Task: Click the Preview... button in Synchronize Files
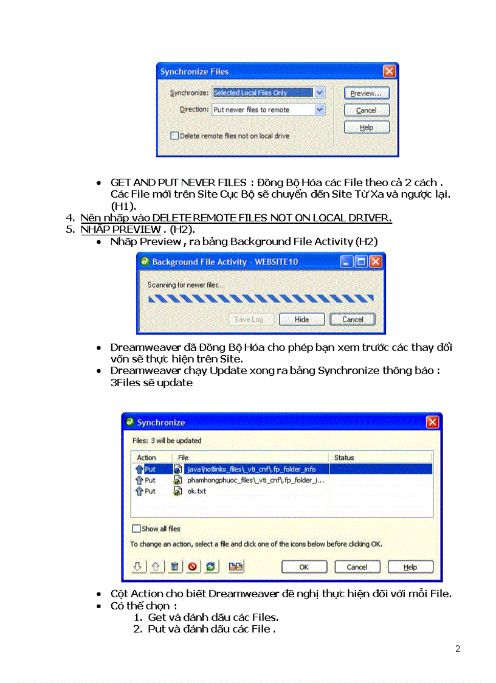pyautogui.click(x=366, y=94)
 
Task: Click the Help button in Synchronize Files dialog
pyautogui.click(x=366, y=128)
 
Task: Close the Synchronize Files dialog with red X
pyautogui.click(x=389, y=71)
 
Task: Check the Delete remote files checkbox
pyautogui.click(x=174, y=136)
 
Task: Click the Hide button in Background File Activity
pyautogui.click(x=301, y=319)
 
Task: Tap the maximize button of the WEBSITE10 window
pyautogui.click(x=361, y=262)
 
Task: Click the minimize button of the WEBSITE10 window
pyautogui.click(x=346, y=262)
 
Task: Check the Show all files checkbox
pyautogui.click(x=136, y=529)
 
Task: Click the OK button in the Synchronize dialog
pyautogui.click(x=304, y=567)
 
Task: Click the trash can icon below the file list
pyautogui.click(x=174, y=567)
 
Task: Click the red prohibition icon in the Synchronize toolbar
pyautogui.click(x=193, y=567)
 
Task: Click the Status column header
pyautogui.click(x=344, y=457)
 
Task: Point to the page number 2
pyautogui.click(x=458, y=649)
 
